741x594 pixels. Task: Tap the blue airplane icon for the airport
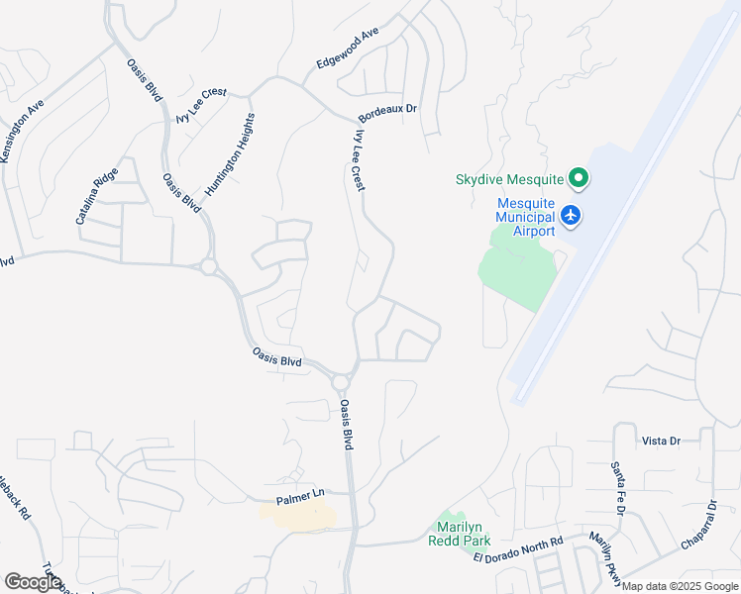point(570,214)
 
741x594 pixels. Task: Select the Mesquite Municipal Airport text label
point(526,217)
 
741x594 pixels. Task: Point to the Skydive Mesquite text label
point(509,180)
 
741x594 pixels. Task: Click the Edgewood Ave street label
point(348,48)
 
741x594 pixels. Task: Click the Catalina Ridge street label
point(97,195)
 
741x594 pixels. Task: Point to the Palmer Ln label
point(300,494)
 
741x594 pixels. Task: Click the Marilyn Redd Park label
point(460,534)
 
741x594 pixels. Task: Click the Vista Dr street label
point(661,441)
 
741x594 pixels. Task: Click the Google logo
point(33,582)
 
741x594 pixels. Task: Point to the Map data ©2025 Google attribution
point(680,586)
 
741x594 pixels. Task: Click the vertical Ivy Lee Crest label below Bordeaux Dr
point(358,158)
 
